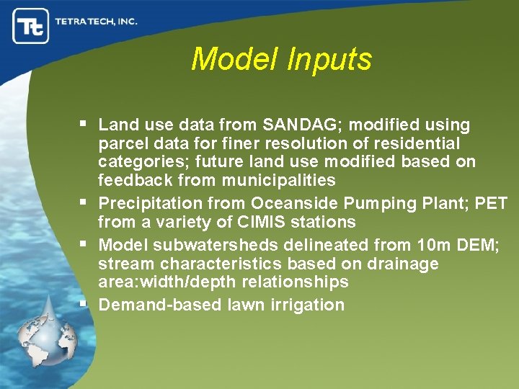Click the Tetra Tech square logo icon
tap(31, 26)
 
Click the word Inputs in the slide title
tap(329, 59)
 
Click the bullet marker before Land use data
tap(84, 124)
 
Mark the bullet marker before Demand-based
tap(84, 303)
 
